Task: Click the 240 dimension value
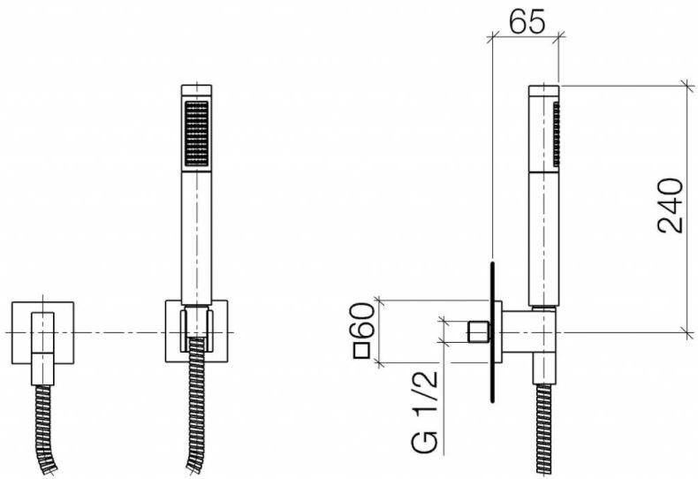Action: point(671,205)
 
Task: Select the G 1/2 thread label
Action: point(426,412)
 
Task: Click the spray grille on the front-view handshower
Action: point(196,133)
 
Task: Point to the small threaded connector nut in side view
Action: point(478,333)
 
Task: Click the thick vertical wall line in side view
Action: point(493,332)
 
